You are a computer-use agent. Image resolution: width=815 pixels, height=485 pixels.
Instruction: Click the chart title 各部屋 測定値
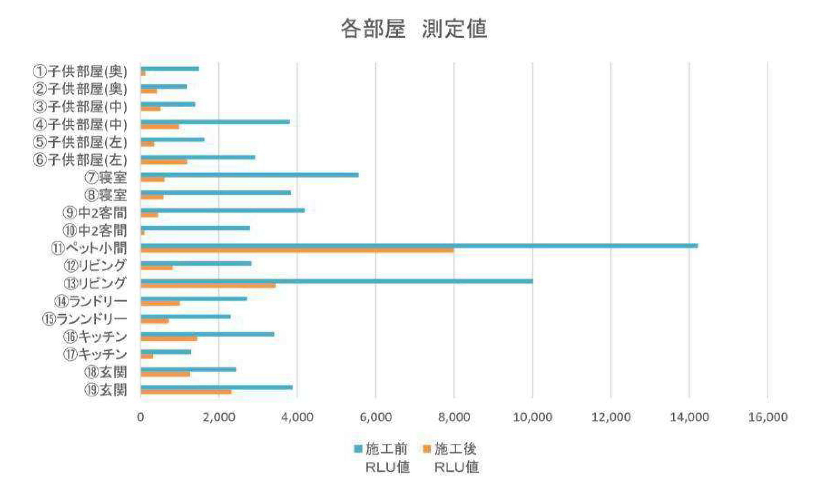point(413,28)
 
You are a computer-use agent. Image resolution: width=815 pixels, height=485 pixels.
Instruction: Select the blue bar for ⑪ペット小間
point(419,246)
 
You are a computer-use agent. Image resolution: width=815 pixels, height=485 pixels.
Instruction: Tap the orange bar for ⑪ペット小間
point(297,250)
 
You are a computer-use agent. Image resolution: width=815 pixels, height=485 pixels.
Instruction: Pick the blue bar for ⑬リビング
point(337,281)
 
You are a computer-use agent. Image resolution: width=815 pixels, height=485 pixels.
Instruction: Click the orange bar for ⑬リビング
point(208,285)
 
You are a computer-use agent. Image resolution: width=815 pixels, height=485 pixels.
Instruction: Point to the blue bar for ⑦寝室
point(249,175)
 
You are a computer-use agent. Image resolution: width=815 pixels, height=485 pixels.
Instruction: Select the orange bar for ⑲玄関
point(186,392)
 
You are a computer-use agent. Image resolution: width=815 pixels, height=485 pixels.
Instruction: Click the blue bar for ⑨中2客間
point(222,210)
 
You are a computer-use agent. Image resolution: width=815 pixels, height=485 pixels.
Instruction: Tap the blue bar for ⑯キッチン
point(207,334)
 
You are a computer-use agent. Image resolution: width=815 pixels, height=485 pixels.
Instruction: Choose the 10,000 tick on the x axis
point(532,417)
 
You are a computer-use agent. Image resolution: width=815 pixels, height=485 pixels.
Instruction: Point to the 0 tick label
point(140,417)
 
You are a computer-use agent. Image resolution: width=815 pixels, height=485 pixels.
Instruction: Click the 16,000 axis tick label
point(768,417)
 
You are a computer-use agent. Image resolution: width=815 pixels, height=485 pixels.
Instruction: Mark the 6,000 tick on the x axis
point(376,417)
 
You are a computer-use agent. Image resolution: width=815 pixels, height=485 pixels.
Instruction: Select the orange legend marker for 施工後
point(427,449)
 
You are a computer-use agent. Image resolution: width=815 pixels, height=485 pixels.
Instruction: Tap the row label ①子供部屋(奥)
point(80,71)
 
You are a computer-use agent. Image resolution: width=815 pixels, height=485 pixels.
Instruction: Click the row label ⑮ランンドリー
point(85,319)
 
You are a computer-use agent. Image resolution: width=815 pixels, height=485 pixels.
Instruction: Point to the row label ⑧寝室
point(105,195)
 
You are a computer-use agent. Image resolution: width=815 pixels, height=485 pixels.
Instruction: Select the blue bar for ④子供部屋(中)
point(215,122)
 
